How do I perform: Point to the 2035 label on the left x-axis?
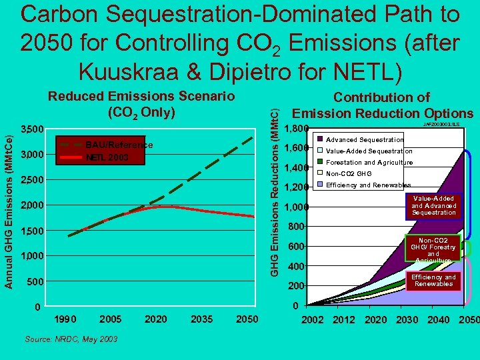click(x=201, y=319)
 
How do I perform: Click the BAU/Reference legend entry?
click(x=120, y=145)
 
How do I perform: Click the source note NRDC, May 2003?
click(x=71, y=339)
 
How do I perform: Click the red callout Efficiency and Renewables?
click(x=433, y=281)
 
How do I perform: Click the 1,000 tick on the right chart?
click(x=297, y=208)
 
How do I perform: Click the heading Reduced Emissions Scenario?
click(x=141, y=96)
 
